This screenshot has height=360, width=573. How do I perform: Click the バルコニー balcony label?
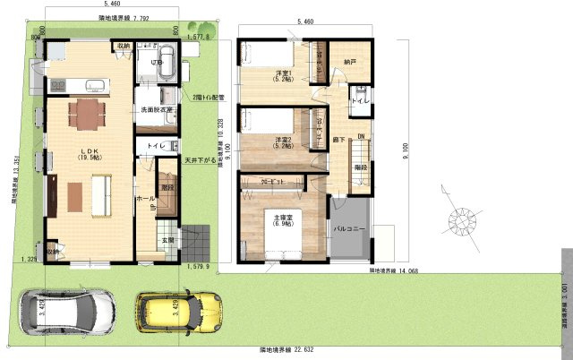350,230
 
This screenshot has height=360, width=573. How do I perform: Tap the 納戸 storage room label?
348,63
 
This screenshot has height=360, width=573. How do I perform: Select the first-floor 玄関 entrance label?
167,239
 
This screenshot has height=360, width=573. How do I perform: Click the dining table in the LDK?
86,112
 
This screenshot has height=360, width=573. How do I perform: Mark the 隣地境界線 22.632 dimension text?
287,348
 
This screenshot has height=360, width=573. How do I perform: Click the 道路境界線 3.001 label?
565,287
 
